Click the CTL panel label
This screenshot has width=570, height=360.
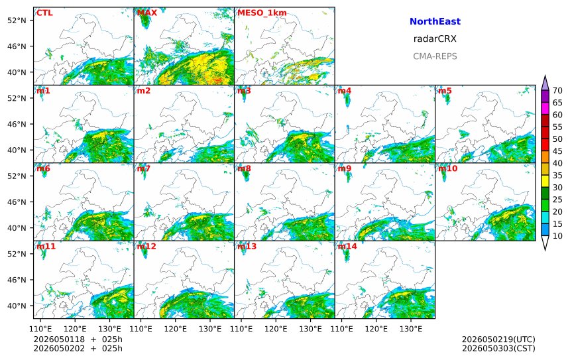pyautogui.click(x=44, y=13)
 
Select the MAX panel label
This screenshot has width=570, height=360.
pyautogui.click(x=147, y=13)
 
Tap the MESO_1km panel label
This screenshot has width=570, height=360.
pyautogui.click(x=262, y=13)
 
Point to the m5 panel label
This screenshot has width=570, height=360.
pyautogui.click(x=445, y=91)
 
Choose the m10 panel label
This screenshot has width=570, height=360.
pyautogui.click(x=447, y=168)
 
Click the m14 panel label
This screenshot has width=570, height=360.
pyautogui.click(x=347, y=246)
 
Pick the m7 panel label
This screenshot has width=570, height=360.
pyautogui.click(x=144, y=168)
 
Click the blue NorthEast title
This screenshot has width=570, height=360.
pyautogui.click(x=435, y=21)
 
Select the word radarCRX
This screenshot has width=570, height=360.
pyautogui.click(x=435, y=39)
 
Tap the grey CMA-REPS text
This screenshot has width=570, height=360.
pyautogui.click(x=435, y=56)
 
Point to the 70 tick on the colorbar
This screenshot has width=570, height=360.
pyautogui.click(x=557, y=91)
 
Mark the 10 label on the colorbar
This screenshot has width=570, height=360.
pyautogui.click(x=557, y=236)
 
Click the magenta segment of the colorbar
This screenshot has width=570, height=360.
pyautogui.click(x=545, y=108)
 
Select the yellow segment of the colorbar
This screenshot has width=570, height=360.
pyautogui.click(x=545, y=181)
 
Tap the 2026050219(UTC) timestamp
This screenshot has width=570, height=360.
pyautogui.click(x=498, y=339)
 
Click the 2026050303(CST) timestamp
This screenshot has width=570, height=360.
pyautogui.click(x=498, y=348)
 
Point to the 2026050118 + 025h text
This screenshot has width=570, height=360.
pyautogui.click(x=78, y=339)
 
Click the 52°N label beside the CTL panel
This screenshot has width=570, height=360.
pyautogui.click(x=17, y=21)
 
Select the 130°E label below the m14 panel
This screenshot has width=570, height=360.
pyautogui.click(x=411, y=329)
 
